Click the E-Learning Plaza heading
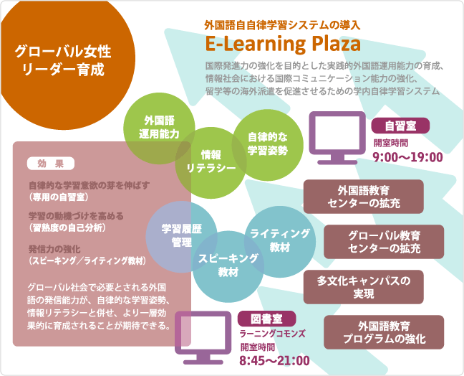click(x=283, y=44)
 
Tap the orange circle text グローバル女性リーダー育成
click(x=63, y=61)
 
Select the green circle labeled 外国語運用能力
click(x=159, y=128)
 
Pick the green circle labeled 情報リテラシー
click(x=211, y=163)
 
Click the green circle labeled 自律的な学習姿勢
click(x=268, y=145)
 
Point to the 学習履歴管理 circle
click(x=181, y=237)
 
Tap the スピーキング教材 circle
click(x=228, y=266)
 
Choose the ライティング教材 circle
click(x=280, y=241)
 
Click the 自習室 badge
click(x=400, y=126)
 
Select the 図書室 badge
click(x=266, y=319)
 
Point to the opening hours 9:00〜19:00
click(x=407, y=157)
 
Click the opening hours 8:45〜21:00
click(x=275, y=361)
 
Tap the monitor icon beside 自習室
click(x=337, y=138)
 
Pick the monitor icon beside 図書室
click(x=203, y=337)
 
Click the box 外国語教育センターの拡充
click(x=363, y=197)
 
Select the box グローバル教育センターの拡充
click(x=384, y=242)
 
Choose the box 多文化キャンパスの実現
click(x=363, y=287)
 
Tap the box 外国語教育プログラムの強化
click(x=384, y=332)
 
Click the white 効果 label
click(x=51, y=164)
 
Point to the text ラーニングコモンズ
click(x=272, y=334)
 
